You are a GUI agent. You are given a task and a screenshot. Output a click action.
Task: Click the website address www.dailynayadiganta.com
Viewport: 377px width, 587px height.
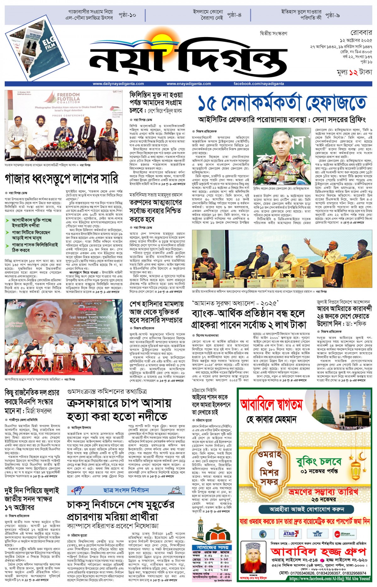pos(118,84)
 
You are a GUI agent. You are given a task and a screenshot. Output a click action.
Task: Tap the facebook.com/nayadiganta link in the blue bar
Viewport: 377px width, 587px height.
pos(259,84)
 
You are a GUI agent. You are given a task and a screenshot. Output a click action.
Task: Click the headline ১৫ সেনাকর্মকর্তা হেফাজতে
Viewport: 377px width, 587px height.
pos(282,103)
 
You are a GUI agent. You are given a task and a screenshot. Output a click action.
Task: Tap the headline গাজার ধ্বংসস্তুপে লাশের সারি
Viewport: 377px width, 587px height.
pos(61,179)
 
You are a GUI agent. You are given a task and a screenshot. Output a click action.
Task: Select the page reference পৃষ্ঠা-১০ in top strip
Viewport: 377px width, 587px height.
pos(127,15)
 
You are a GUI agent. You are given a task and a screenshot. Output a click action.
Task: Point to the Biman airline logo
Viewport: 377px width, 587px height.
pos(344,534)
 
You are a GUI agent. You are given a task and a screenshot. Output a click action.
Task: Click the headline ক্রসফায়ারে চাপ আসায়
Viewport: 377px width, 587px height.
pos(119,403)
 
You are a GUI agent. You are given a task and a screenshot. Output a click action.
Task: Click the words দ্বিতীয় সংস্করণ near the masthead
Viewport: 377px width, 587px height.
pos(273,33)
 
